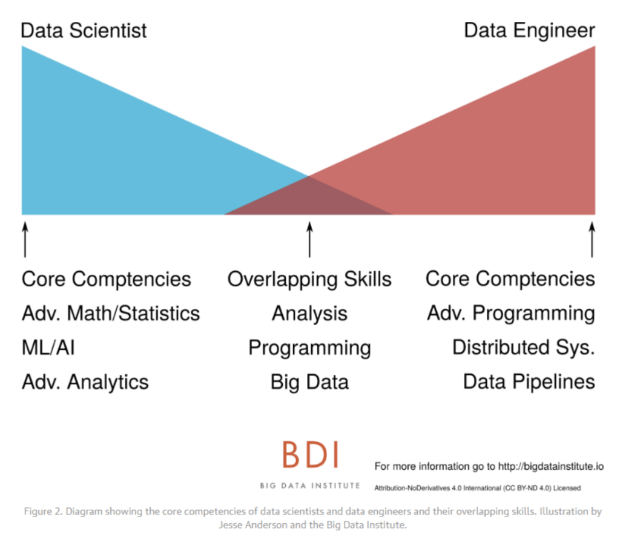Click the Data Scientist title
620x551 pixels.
[x=84, y=30]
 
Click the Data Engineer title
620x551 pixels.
[x=529, y=30]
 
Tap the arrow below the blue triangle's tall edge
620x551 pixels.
[x=25, y=239]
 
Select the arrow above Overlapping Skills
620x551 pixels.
[x=309, y=239]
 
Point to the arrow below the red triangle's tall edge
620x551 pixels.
[x=592, y=239]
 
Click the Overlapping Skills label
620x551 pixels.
[x=309, y=279]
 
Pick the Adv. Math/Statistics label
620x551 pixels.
[x=111, y=314]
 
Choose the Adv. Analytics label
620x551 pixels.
[x=85, y=382]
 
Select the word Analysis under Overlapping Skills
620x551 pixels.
[x=309, y=314]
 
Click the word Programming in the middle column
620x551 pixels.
[x=309, y=348]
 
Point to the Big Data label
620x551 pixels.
[x=309, y=382]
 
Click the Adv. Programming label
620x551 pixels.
[x=511, y=314]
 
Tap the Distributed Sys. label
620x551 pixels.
[x=524, y=348]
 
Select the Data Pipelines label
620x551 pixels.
[x=529, y=382]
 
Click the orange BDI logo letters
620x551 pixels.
[x=310, y=455]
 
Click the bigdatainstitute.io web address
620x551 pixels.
[x=550, y=466]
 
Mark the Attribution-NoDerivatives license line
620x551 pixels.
[x=478, y=487]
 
